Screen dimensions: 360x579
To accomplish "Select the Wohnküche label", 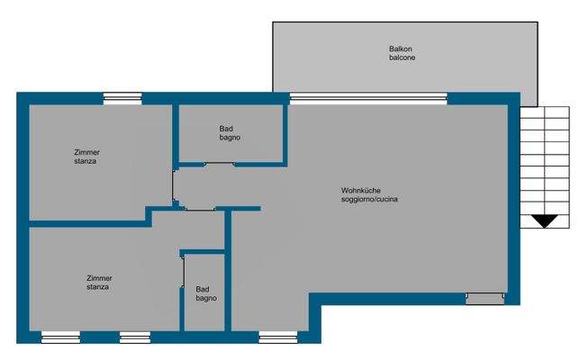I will (x=362, y=190).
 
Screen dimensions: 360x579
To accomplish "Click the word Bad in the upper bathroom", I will (x=226, y=129).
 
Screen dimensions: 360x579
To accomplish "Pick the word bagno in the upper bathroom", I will (x=230, y=138).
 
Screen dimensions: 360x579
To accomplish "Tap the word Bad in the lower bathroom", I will (x=203, y=289).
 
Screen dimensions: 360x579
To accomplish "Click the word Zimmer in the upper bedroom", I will (x=88, y=153).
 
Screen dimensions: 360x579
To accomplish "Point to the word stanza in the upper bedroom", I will (x=86, y=162).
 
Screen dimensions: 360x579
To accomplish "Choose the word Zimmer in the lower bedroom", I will (x=100, y=278).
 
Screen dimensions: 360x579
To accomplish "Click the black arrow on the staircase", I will (x=544, y=220).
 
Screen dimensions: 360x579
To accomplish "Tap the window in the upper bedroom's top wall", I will (x=122, y=99).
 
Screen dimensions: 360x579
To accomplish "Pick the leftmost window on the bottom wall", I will (x=60, y=337).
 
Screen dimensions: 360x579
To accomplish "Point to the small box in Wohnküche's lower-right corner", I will (x=485, y=298).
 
